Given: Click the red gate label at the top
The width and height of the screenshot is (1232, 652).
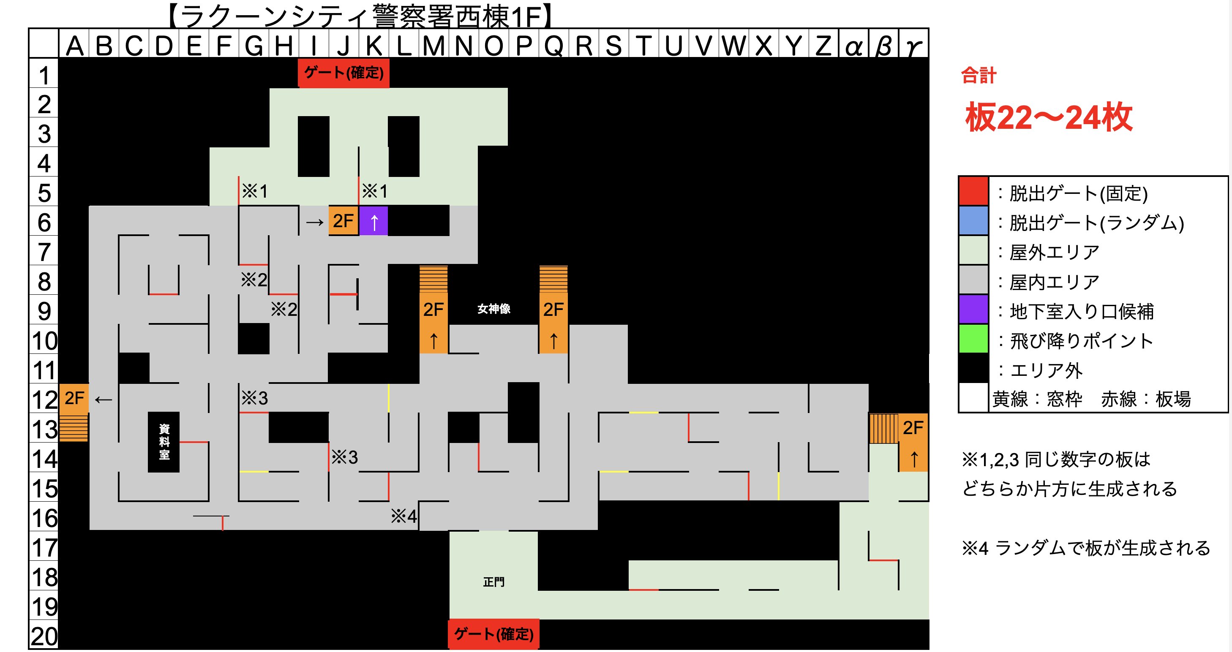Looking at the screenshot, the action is pos(343,73).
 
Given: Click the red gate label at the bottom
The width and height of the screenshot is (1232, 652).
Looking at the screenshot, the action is pos(493,634).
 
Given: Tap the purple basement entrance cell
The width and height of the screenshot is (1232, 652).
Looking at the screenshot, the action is pos(373,221).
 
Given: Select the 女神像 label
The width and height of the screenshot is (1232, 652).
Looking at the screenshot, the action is pos(493,309).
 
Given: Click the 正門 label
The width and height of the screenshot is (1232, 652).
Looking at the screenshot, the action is pos(493,582).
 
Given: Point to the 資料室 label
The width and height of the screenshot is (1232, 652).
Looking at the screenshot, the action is pos(164,442).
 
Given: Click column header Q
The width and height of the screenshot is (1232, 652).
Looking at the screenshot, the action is pos(553,46).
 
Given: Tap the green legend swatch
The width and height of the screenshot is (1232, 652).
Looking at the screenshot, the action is pos(973,340).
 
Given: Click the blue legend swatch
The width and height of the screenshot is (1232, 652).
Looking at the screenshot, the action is pos(973,221).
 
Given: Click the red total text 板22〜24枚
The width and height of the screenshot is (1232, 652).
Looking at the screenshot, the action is pos(1048,117).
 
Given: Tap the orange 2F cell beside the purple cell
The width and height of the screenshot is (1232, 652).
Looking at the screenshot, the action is pos(343,221).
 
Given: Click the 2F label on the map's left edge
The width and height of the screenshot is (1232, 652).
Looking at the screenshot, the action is pos(74,398).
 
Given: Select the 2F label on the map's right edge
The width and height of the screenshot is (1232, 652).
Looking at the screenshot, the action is pos(913,428).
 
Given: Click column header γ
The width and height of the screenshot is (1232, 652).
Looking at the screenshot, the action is pos(913,46).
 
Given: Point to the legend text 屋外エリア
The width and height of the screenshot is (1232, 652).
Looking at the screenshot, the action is pos(1054,253).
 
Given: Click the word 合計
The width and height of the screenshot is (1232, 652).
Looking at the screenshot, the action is pos(979,76).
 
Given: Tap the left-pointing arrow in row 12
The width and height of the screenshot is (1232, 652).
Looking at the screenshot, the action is pos(104,399).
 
